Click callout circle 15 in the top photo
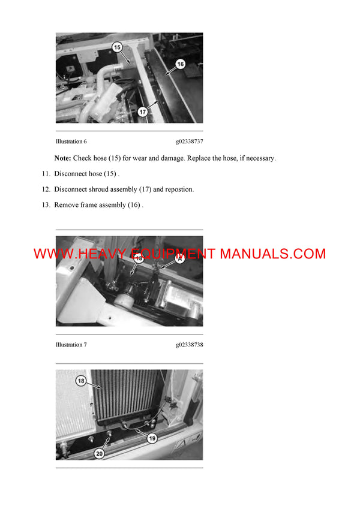(117, 46)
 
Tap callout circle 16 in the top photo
(180, 63)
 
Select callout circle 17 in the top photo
(143, 112)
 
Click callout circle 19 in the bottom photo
(152, 438)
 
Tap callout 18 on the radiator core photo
(80, 381)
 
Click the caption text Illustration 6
(71, 141)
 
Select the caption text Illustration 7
(71, 345)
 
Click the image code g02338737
(189, 141)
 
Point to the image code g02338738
(189, 345)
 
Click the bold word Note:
(62, 158)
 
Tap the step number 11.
(46, 174)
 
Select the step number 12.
(46, 189)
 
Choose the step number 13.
(46, 205)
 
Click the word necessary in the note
(259, 158)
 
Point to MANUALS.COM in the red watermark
(273, 254)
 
